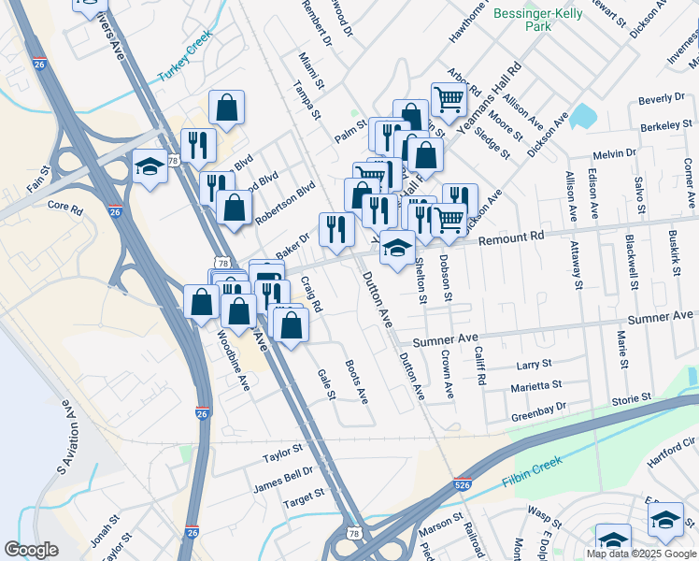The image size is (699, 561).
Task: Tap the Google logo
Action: (31, 551)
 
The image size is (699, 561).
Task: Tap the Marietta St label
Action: (535, 385)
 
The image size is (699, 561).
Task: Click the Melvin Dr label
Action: (614, 153)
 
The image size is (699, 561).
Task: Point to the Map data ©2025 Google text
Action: (640, 553)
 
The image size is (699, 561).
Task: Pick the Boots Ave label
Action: (356, 381)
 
